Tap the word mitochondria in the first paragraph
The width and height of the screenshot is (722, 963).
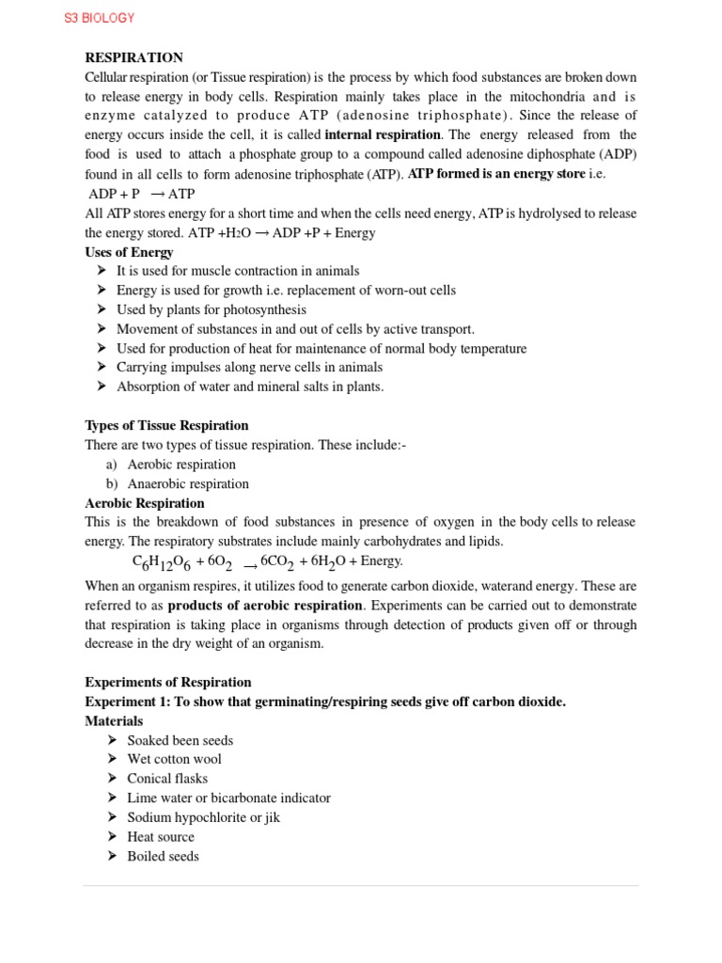point(539,96)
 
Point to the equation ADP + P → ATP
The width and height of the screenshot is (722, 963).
point(140,194)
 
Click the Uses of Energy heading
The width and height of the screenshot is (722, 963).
point(129,252)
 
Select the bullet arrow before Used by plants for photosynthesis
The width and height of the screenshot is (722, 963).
point(102,309)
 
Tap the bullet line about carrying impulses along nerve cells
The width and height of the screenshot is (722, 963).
point(249,368)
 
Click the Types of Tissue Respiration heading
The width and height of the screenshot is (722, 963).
point(166,425)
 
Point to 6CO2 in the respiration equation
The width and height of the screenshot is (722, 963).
point(279,562)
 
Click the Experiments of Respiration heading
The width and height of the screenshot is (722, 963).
point(168,682)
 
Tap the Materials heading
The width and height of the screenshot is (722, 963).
point(114,720)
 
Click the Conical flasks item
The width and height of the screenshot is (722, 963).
point(167,779)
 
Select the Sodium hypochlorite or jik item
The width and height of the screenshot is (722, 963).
point(203,817)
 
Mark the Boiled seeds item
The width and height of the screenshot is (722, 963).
point(163,856)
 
